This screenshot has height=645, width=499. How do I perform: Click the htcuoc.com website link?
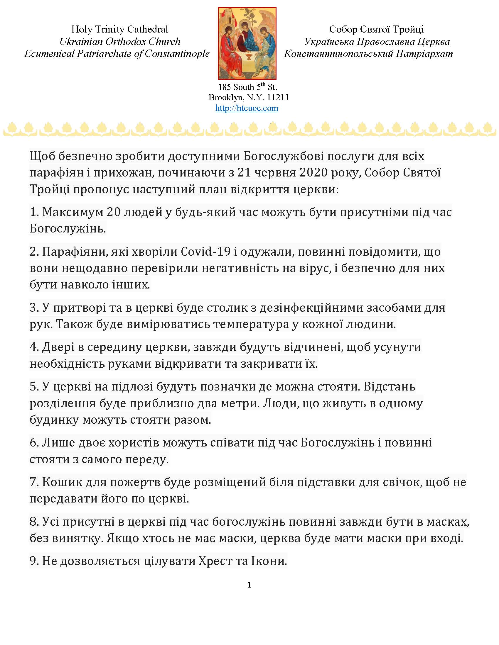point(247,108)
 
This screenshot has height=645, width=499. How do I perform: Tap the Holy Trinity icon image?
point(247,43)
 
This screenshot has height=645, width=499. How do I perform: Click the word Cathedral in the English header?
point(148,29)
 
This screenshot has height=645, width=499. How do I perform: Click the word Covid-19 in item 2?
point(205,252)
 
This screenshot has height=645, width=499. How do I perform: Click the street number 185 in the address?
point(224,87)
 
